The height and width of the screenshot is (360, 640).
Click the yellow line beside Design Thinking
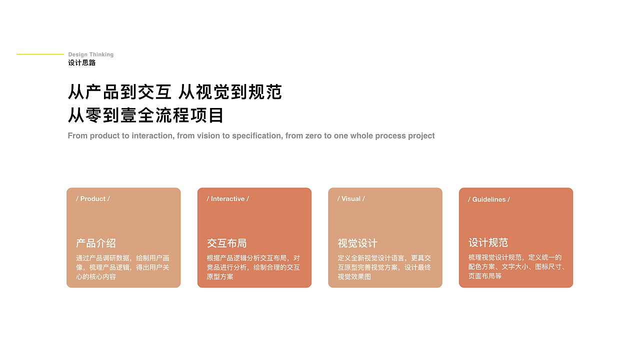pyautogui.click(x=40, y=54)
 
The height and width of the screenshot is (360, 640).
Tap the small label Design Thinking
pyautogui.click(x=91, y=54)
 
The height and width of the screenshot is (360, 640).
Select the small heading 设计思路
pyautogui.click(x=82, y=63)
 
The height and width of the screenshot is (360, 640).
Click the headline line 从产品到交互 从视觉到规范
pyautogui.click(x=175, y=92)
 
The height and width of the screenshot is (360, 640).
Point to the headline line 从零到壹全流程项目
pyautogui.click(x=146, y=115)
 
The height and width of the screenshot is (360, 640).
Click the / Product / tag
pyautogui.click(x=93, y=199)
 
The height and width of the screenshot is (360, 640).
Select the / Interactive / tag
pyautogui.click(x=227, y=199)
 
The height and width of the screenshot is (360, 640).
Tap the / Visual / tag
pyautogui.click(x=351, y=199)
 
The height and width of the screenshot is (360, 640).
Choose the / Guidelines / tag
pyautogui.click(x=489, y=199)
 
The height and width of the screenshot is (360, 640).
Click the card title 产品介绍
pyautogui.click(x=96, y=243)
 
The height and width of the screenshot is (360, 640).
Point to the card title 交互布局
pyautogui.click(x=227, y=243)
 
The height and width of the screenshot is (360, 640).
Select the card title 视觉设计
pyautogui.click(x=357, y=243)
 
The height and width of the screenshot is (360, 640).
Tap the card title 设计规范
pyautogui.click(x=488, y=243)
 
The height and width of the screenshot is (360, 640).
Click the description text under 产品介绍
pyautogui.click(x=123, y=267)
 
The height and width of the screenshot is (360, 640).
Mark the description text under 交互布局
pyautogui.click(x=253, y=267)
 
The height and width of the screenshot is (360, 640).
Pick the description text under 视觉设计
pyautogui.click(x=384, y=267)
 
